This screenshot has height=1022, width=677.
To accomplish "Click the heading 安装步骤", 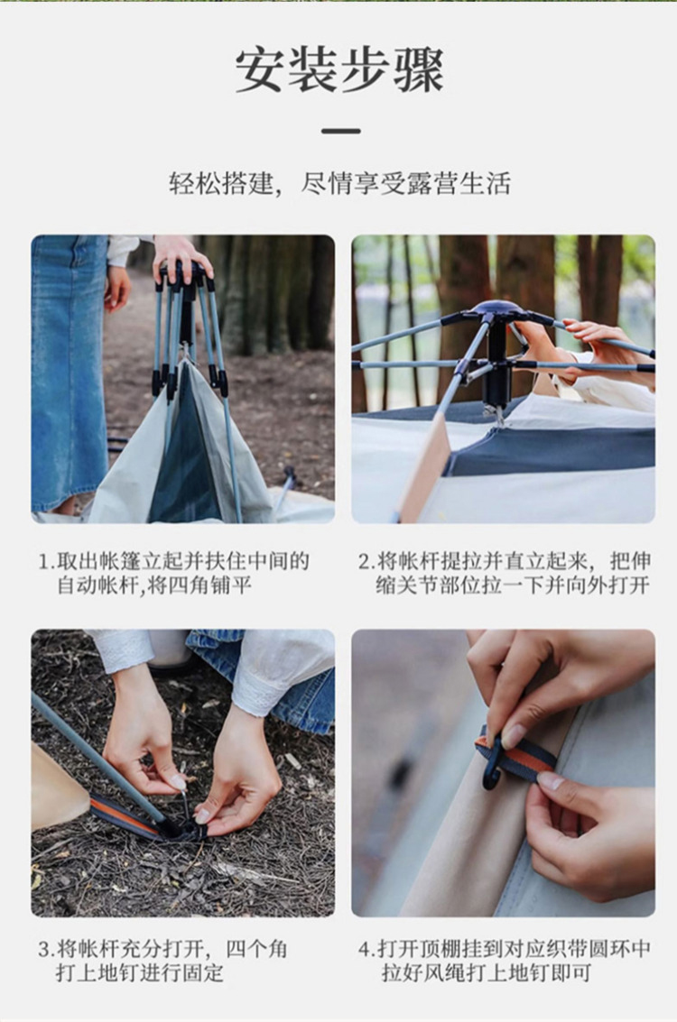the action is [x=339, y=69].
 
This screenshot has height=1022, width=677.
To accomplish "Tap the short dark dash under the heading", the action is [x=340, y=131].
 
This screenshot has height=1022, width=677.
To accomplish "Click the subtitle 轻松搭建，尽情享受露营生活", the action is [x=339, y=184].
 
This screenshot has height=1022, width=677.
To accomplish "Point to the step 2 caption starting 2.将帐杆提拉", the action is [x=505, y=572].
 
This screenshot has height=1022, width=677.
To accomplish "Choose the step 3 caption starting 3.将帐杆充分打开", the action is [x=163, y=960].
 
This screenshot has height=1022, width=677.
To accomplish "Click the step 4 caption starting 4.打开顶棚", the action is [x=505, y=960].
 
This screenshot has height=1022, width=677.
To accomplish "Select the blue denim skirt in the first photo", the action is [x=68, y=372].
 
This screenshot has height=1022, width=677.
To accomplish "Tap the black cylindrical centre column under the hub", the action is [x=496, y=365].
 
